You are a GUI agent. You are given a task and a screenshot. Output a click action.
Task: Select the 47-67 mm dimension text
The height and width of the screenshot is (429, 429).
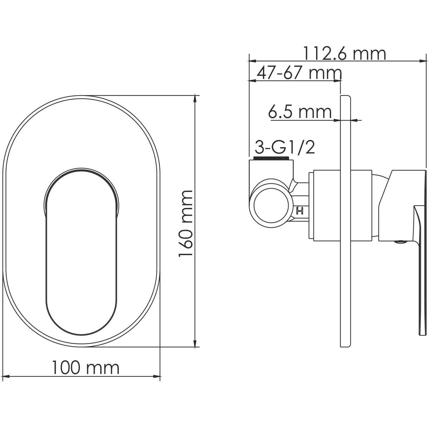(x=299, y=73)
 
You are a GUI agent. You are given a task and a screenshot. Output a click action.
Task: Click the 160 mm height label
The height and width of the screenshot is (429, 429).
(x=185, y=224)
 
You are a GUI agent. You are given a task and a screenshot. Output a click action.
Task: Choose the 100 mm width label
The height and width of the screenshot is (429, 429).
(x=85, y=368)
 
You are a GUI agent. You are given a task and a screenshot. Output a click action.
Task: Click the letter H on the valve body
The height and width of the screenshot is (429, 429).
(x=300, y=211)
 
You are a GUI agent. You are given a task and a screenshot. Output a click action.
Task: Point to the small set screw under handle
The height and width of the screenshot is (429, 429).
(x=400, y=242)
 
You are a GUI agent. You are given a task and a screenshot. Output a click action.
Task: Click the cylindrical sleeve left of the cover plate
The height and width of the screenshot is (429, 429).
(x=327, y=206)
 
